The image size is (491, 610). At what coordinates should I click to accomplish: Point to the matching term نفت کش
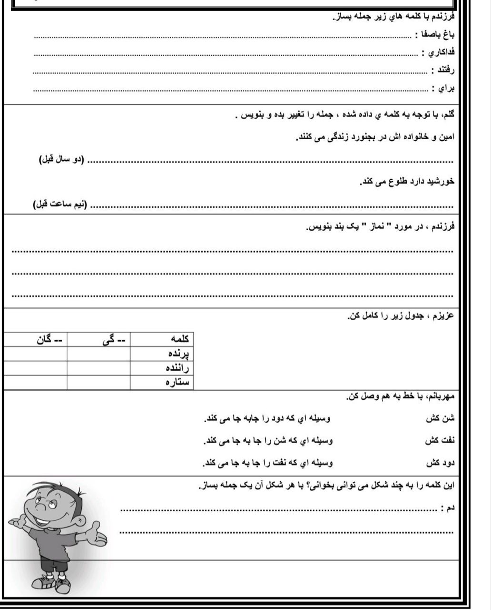point(440,441)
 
